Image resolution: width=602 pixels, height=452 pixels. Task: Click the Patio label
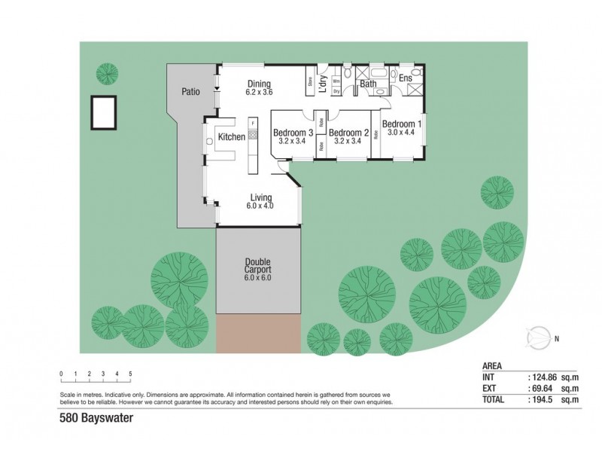(x=190, y=92)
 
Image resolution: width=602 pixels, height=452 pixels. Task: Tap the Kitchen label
(x=231, y=137)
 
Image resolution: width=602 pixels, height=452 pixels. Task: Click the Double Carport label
(x=257, y=266)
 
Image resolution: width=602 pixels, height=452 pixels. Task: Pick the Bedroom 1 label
(x=401, y=124)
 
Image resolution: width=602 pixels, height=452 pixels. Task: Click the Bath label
(x=368, y=84)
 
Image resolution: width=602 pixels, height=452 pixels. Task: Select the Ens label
(x=405, y=78)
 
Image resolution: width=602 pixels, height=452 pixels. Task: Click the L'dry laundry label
(x=322, y=84)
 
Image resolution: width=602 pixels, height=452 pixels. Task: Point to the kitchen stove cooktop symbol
(x=253, y=135)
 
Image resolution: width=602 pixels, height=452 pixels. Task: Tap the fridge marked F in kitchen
(x=253, y=122)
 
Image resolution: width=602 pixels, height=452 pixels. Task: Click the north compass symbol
(x=539, y=337)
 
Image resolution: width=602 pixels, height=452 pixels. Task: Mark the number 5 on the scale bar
(x=130, y=374)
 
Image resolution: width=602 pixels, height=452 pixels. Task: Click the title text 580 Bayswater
(x=91, y=414)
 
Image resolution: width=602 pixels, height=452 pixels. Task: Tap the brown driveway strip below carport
(x=258, y=334)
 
